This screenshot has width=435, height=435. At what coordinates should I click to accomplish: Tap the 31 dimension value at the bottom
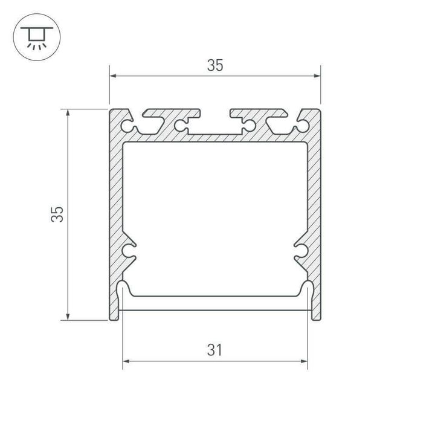[215, 350]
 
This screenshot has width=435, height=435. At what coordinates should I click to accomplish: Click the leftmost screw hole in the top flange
[127, 126]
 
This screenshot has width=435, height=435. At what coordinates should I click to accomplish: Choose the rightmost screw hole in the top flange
[302, 126]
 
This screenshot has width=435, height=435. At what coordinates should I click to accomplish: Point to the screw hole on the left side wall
[128, 250]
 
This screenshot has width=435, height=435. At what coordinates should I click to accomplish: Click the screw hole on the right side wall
[301, 250]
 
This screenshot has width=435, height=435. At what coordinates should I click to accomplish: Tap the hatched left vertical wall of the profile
[116, 199]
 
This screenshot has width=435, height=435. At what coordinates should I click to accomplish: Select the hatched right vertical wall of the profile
[314, 199]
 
